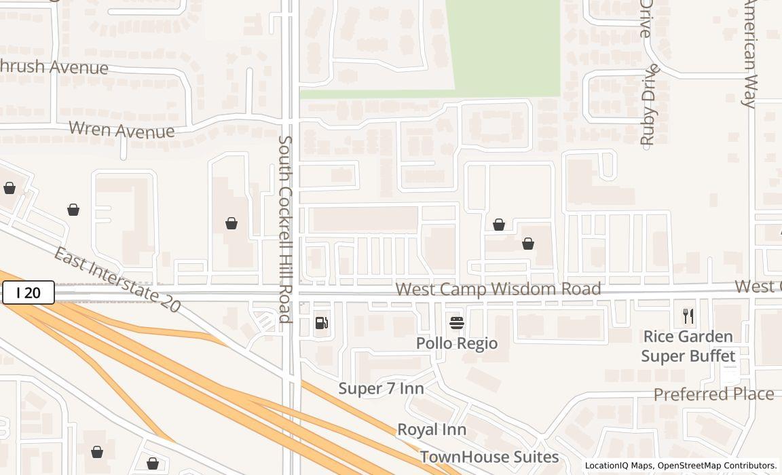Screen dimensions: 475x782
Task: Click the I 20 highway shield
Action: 28,293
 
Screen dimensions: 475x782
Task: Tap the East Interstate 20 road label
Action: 117,280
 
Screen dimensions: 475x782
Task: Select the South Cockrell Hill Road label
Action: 285,229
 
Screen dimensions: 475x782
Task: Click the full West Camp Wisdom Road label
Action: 498,289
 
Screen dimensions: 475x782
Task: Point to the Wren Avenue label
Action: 122,129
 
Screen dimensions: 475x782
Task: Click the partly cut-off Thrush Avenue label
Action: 54,66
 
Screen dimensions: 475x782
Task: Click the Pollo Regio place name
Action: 457,343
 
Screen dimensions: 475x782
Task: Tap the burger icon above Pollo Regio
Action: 457,322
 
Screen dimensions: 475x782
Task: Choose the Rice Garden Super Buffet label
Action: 688,346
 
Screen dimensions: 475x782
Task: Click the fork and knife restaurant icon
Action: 688,316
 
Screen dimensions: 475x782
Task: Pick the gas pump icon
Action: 322,323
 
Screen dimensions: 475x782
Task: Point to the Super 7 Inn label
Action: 381,388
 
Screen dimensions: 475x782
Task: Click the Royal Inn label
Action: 432,430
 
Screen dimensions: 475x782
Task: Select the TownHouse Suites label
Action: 489,457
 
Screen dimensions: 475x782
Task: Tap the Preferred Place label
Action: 713,394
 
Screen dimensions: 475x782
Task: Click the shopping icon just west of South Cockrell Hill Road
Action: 231,223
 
